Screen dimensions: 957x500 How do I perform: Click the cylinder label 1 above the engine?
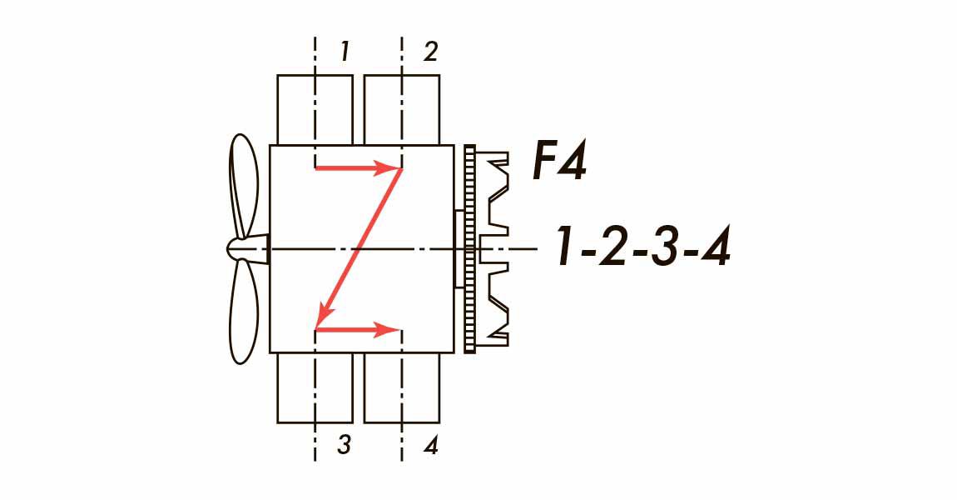click(x=345, y=52)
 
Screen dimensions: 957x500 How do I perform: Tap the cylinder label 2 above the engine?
click(x=430, y=52)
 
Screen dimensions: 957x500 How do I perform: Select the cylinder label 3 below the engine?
click(x=345, y=445)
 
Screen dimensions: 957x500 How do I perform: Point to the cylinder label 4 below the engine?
click(x=431, y=445)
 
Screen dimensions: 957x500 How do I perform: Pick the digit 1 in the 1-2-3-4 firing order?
click(x=567, y=247)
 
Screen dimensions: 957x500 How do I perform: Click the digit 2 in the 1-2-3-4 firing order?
click(x=614, y=247)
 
